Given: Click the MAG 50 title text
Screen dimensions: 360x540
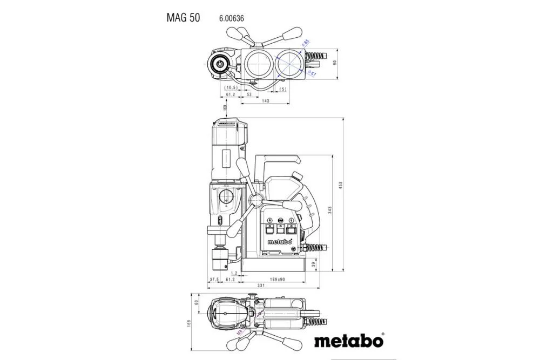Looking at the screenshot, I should pyautogui.click(x=183, y=18).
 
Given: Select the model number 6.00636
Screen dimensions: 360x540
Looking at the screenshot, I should pyautogui.click(x=232, y=18).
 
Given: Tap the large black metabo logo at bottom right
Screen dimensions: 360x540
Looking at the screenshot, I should pyautogui.click(x=348, y=341).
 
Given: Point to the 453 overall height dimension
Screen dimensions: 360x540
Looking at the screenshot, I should pyautogui.click(x=341, y=185).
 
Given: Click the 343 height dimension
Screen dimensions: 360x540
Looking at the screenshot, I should pyautogui.click(x=329, y=209).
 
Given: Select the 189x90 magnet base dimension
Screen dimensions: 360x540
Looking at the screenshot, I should pyautogui.click(x=277, y=279).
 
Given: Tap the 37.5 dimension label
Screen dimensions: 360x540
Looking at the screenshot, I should pyautogui.click(x=214, y=279).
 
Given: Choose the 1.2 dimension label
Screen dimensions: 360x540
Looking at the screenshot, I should pyautogui.click(x=234, y=273).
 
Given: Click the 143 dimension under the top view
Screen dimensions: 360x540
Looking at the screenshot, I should pyautogui.click(x=265, y=101).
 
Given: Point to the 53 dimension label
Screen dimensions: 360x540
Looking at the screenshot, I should pyautogui.click(x=249, y=94).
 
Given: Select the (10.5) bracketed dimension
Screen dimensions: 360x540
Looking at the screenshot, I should pyautogui.click(x=231, y=87).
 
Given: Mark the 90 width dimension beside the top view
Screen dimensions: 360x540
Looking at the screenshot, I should pyautogui.click(x=335, y=63).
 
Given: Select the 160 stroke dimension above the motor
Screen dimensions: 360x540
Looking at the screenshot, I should pyautogui.click(x=225, y=108).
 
